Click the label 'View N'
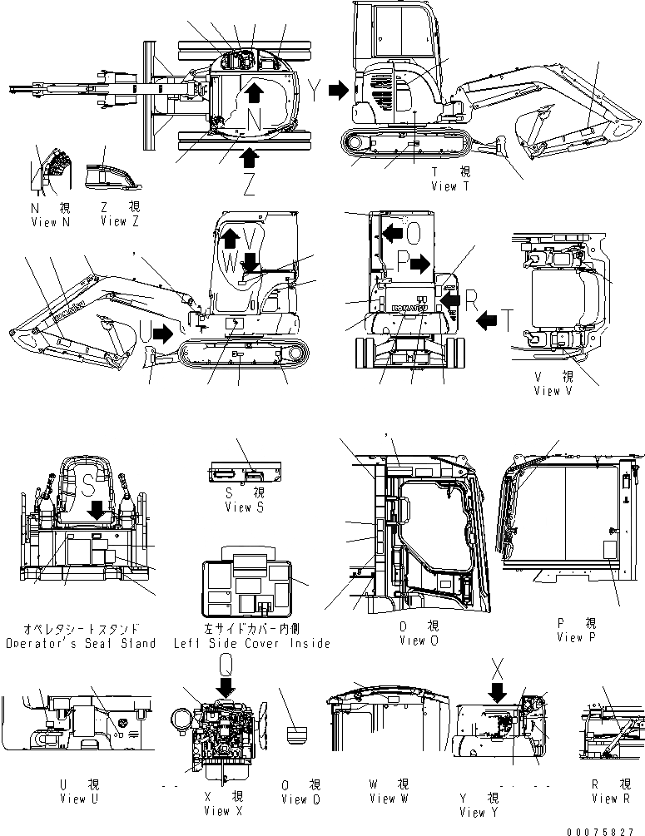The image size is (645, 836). [44, 222]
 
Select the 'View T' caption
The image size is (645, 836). [450, 186]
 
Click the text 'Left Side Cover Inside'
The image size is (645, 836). [251, 643]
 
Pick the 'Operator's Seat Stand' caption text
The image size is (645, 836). [80, 643]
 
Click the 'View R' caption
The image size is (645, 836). [611, 799]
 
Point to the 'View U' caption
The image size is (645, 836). [73, 799]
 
